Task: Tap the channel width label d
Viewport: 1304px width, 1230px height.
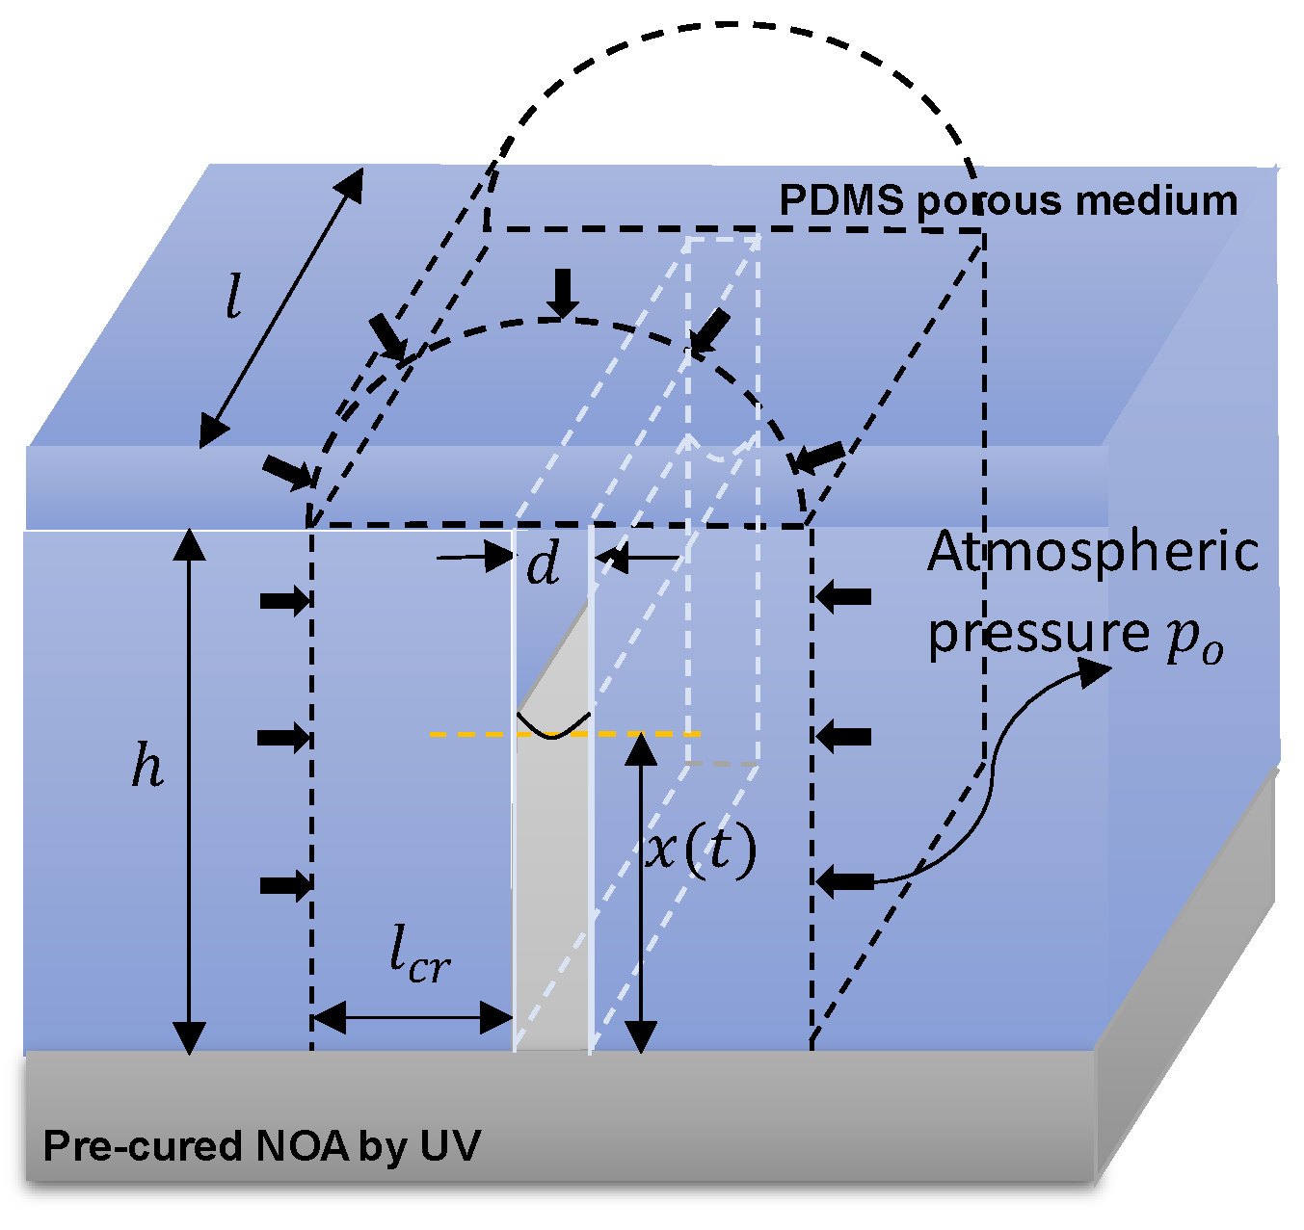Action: click(x=544, y=564)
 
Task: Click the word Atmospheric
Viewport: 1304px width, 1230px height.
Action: click(x=1093, y=553)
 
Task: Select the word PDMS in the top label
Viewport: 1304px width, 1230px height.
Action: click(x=840, y=201)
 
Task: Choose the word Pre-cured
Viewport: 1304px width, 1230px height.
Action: click(x=143, y=1146)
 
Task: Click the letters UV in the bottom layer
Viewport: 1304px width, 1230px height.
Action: click(x=450, y=1146)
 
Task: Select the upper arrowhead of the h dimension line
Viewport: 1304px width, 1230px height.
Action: click(x=190, y=544)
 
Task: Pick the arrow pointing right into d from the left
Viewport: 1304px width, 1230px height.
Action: click(x=474, y=557)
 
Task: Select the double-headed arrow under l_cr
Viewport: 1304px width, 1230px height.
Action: click(x=412, y=1016)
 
